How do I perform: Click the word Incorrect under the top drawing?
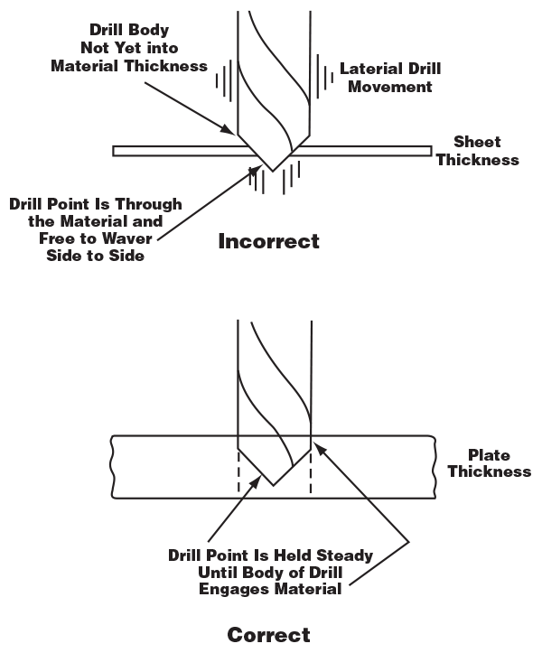(x=268, y=241)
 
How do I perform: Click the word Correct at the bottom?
(x=268, y=635)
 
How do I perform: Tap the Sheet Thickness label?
(x=485, y=151)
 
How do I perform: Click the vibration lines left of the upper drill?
(x=221, y=79)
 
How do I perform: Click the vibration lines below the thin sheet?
(x=272, y=181)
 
